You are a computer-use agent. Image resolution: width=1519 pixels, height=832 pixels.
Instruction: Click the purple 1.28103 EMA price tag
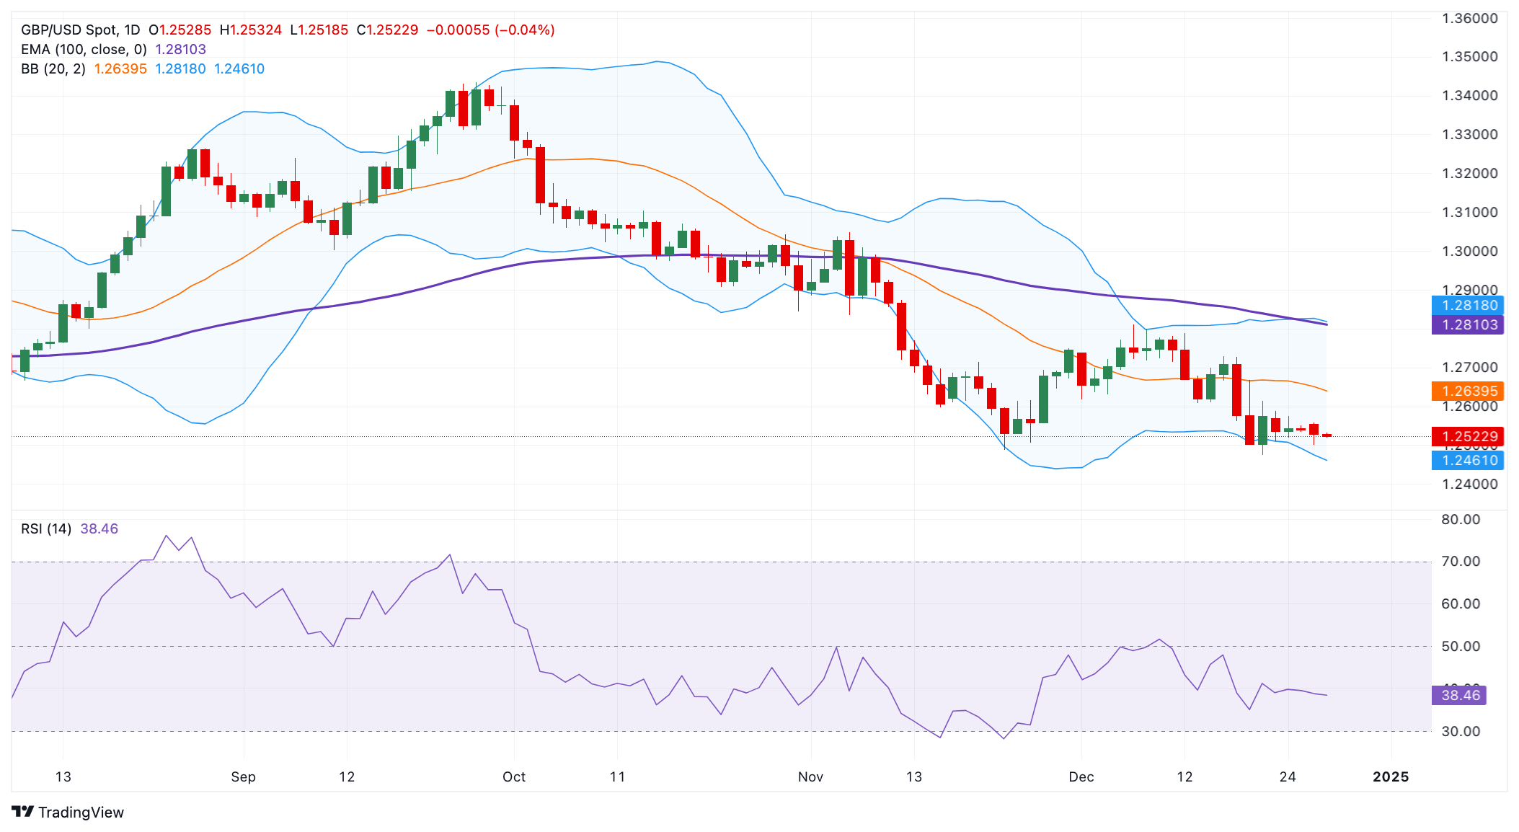pyautogui.click(x=1467, y=325)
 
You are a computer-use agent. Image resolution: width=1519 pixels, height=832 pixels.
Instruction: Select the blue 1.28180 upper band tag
pyautogui.click(x=1467, y=306)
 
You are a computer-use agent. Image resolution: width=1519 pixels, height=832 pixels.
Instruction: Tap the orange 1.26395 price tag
pyautogui.click(x=1467, y=391)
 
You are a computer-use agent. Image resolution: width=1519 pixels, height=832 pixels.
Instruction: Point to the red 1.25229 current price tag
pyautogui.click(x=1467, y=437)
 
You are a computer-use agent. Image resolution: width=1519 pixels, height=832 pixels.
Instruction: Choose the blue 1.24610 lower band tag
pyautogui.click(x=1467, y=461)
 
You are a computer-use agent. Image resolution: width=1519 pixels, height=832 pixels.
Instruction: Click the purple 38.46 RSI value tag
pyautogui.click(x=1459, y=696)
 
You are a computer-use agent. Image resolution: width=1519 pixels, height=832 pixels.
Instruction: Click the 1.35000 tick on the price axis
pyautogui.click(x=1469, y=57)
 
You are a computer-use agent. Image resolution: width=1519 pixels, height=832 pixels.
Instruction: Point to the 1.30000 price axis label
pyautogui.click(x=1469, y=252)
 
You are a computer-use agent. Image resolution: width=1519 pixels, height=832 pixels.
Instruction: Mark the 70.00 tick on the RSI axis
pyautogui.click(x=1461, y=562)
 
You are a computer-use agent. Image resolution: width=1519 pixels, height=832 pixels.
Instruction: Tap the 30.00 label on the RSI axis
pyautogui.click(x=1461, y=732)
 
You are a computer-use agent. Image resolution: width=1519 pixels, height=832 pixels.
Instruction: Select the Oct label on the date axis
pyautogui.click(x=514, y=777)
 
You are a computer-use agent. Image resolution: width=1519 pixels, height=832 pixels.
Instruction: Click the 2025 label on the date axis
pyautogui.click(x=1391, y=777)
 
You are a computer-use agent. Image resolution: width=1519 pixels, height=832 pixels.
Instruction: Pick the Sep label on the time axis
pyautogui.click(x=244, y=777)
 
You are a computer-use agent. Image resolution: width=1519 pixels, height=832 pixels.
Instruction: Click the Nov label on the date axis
pyautogui.click(x=810, y=777)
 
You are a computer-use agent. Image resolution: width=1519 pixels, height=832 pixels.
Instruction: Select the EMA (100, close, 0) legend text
pyautogui.click(x=84, y=50)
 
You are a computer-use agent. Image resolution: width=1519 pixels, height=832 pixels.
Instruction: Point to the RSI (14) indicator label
pyautogui.click(x=46, y=529)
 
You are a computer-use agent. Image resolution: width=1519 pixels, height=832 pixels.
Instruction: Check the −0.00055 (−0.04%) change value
pyautogui.click(x=490, y=30)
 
